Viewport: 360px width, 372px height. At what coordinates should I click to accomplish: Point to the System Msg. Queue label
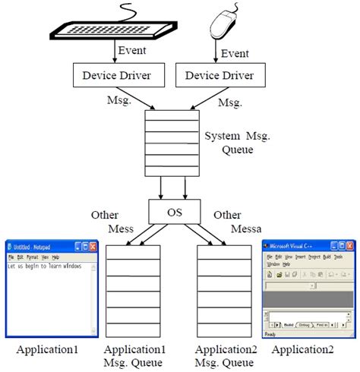pyautogui.click(x=238, y=142)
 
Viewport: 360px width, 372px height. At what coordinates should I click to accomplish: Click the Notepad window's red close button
pyautogui.click(x=93, y=247)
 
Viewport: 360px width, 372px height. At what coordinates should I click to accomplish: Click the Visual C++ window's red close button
pyautogui.click(x=349, y=247)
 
